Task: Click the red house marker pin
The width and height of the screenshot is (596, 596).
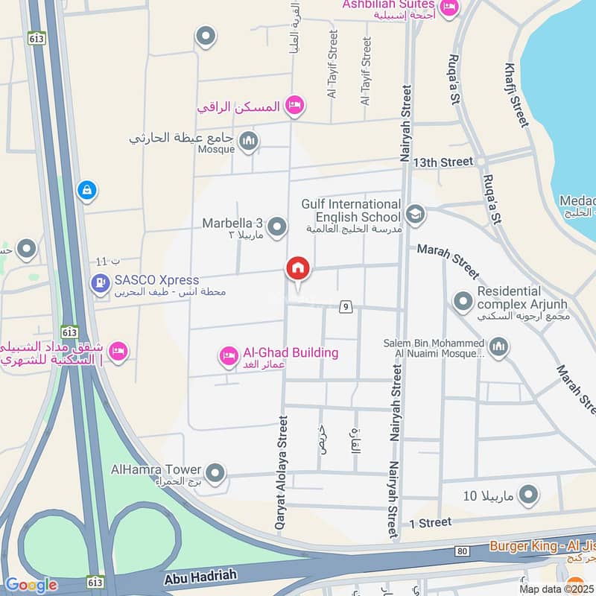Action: point(298,269)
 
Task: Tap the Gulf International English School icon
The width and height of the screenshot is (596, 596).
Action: point(415,215)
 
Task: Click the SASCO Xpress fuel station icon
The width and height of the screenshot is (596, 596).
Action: point(99,283)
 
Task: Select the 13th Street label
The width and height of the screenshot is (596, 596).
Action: point(443,162)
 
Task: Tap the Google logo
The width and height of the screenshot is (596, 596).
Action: point(31,586)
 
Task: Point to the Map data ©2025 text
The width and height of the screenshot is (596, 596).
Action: point(557,589)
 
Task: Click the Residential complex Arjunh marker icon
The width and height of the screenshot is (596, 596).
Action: point(463,301)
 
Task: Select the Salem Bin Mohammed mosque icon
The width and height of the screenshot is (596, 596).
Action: point(498,346)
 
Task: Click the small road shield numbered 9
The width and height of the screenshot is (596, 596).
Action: point(345,306)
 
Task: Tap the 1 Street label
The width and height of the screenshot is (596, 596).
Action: point(431,523)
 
